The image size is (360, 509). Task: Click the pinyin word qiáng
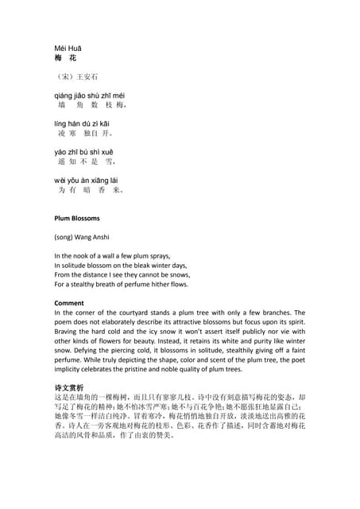[64, 95]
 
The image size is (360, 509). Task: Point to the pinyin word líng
[60, 123]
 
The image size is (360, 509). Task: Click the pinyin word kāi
[105, 123]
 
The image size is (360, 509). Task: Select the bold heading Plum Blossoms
[77, 217]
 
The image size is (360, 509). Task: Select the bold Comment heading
[70, 303]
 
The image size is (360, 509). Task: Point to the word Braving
[68, 332]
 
